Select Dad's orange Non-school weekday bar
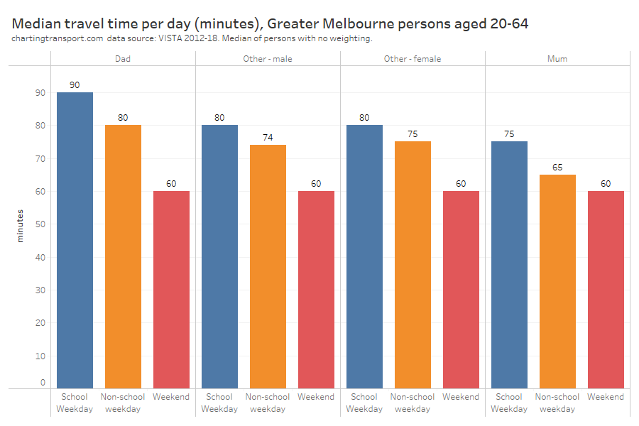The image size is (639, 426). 123,256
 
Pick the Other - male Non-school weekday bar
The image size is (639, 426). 268,266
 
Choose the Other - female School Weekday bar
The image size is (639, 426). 364,256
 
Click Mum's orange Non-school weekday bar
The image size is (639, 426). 557,281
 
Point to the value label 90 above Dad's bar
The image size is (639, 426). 75,85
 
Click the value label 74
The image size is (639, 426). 268,137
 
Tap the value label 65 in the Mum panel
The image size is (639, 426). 557,167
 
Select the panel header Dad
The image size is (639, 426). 123,59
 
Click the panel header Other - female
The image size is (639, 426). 413,59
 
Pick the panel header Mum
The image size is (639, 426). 557,59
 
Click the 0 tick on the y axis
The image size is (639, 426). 43,383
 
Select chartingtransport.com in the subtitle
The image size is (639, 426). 58,38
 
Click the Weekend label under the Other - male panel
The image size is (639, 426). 316,397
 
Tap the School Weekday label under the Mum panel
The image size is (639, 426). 509,403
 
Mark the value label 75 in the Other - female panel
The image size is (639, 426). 413,134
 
